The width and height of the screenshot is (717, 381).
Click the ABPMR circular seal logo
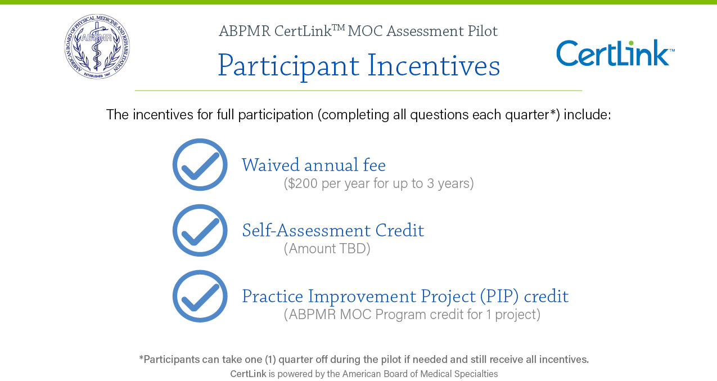[x=97, y=47]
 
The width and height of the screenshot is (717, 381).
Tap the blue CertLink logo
[x=616, y=53]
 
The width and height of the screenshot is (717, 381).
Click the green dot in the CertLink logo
[x=631, y=43]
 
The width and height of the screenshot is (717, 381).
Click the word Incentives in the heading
[x=434, y=66]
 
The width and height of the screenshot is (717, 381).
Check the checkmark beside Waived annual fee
[x=200, y=165]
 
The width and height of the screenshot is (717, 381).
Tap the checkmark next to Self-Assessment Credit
[x=200, y=230]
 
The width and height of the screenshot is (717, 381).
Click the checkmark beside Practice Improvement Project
[x=200, y=296]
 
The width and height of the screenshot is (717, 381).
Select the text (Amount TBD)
[x=327, y=249]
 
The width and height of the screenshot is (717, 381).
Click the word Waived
[x=270, y=165]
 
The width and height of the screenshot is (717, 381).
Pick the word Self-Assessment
[x=306, y=230]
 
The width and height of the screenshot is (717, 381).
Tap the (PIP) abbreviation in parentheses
[x=499, y=297]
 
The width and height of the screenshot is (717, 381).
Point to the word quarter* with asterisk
[x=533, y=115]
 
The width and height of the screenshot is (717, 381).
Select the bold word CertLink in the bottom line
[x=248, y=374]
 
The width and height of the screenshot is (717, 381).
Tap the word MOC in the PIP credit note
[x=356, y=315]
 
